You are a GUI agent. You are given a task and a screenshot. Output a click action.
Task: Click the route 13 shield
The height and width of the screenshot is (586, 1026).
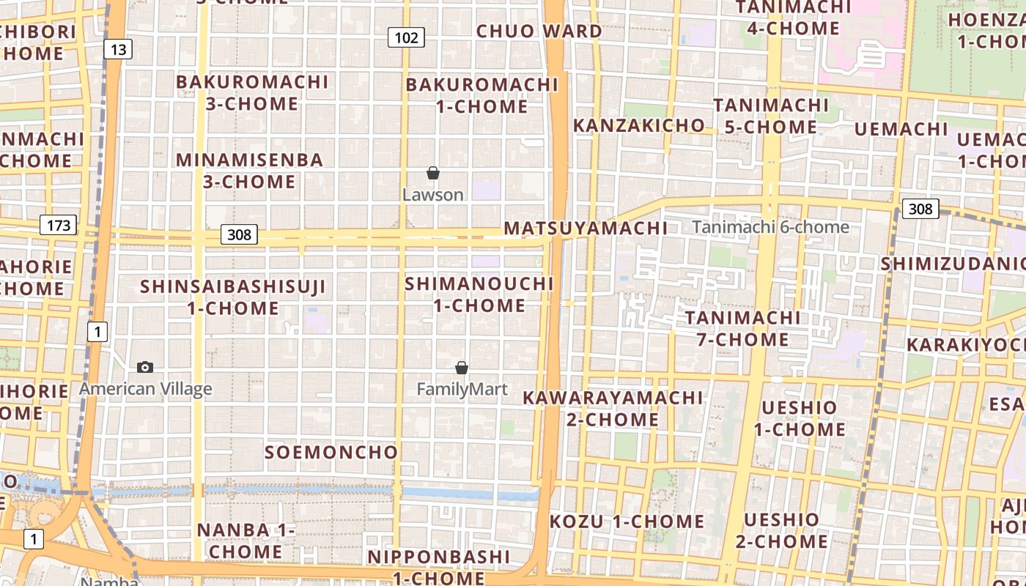click(118, 49)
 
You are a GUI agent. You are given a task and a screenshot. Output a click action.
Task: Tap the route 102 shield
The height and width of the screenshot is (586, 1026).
click(406, 37)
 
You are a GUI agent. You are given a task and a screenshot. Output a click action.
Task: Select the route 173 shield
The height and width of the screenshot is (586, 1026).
click(58, 224)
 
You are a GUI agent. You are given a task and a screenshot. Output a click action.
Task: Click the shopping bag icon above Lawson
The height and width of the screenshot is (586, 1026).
click(433, 173)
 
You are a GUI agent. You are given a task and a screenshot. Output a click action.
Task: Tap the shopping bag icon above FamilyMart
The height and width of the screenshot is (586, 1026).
click(462, 367)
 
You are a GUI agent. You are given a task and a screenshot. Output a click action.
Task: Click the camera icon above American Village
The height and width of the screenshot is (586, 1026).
click(145, 367)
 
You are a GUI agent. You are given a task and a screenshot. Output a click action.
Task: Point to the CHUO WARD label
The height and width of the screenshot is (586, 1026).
click(539, 31)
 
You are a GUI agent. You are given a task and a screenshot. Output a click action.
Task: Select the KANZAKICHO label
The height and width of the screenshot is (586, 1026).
click(638, 125)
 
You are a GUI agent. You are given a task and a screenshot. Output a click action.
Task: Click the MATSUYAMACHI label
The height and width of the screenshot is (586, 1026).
click(586, 228)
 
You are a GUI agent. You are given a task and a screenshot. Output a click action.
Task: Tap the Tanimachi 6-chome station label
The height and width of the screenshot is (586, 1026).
click(770, 227)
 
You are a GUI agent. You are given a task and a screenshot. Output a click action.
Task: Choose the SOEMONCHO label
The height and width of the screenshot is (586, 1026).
click(331, 452)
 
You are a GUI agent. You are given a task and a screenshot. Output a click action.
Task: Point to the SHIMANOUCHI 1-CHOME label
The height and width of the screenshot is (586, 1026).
click(479, 294)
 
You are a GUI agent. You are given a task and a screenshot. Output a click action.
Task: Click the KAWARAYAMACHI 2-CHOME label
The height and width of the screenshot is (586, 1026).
click(613, 408)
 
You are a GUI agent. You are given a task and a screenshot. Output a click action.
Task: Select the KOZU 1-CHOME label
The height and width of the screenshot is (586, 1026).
click(627, 522)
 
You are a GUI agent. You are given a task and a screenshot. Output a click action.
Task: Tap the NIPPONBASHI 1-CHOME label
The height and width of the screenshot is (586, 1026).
click(438, 567)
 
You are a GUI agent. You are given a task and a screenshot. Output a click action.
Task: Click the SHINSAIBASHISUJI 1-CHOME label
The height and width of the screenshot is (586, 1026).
click(233, 297)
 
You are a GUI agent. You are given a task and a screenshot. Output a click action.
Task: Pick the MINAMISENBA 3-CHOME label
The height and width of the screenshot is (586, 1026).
click(249, 170)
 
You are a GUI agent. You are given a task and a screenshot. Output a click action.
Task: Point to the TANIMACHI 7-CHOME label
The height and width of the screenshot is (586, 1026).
click(742, 328)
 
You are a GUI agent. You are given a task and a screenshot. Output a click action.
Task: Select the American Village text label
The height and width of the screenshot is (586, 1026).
click(145, 389)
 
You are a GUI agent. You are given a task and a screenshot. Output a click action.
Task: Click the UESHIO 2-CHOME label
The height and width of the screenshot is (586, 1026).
click(781, 530)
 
